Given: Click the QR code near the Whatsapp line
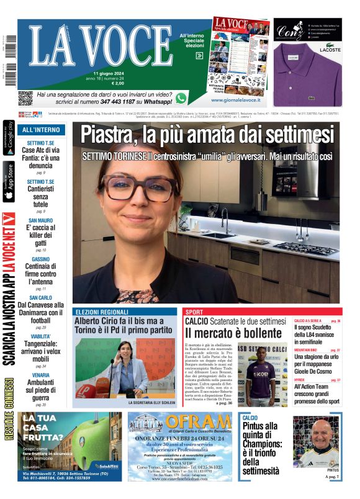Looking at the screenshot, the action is pos(25,98).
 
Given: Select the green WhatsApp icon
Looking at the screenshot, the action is pos(181,97).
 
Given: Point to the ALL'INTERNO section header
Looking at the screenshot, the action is pos(42,130).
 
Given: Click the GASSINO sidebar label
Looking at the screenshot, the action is pos(41,259).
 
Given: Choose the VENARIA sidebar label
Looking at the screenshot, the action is pos(41,375).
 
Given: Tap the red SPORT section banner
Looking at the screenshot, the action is pos(194,312).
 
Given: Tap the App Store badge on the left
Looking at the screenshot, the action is pos(9,182).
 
